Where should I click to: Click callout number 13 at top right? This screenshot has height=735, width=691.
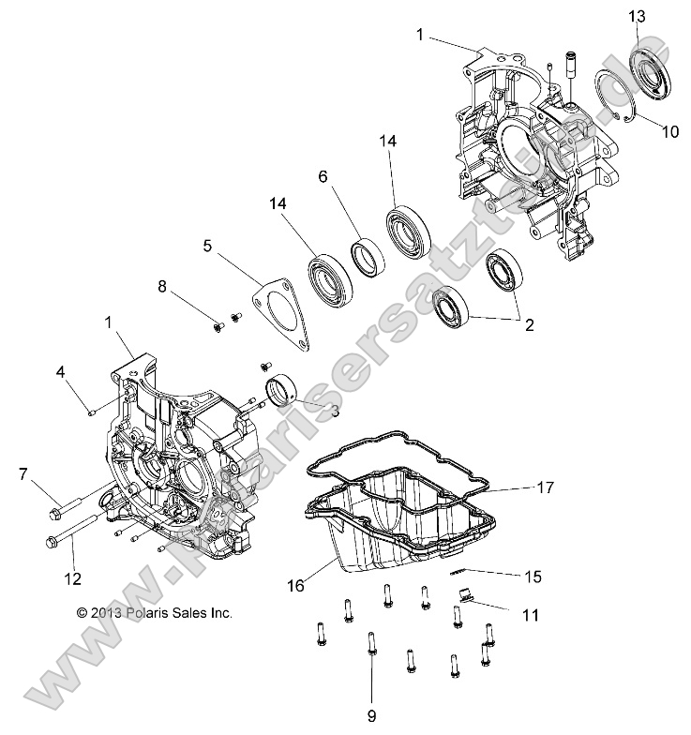[637, 16]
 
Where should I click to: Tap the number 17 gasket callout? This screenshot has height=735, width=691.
[545, 487]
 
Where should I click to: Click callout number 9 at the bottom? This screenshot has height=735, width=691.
[371, 716]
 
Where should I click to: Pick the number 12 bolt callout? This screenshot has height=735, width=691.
[72, 577]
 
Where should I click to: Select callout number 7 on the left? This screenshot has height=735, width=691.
[23, 474]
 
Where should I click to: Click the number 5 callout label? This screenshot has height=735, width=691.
[208, 247]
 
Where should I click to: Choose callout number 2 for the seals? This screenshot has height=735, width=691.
[529, 326]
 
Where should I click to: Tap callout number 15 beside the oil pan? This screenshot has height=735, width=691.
[533, 576]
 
